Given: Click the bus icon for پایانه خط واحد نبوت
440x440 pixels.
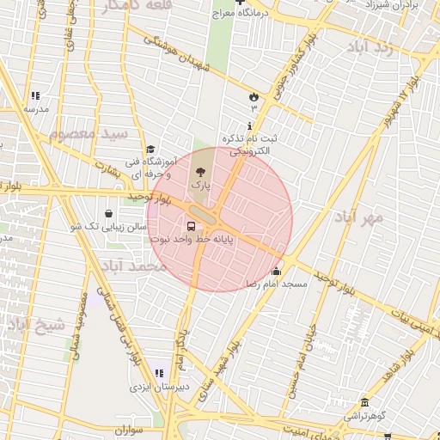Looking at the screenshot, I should pos(190,227).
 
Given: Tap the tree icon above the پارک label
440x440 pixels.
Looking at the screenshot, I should pos(200,172).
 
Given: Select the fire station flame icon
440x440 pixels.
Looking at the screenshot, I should pos(254,96).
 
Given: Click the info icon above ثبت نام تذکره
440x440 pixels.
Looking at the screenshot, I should pos(250,126).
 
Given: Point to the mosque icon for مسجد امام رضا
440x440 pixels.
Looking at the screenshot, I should pos(275,272).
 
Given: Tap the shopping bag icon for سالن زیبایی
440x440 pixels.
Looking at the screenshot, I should pos(109,214).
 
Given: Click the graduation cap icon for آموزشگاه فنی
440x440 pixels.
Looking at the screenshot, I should pos(150,150).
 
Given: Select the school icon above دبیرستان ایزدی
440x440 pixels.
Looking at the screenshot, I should pos(159,374).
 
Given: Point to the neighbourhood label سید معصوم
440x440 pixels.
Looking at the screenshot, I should pos(89,135).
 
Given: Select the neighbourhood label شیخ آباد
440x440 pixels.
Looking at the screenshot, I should pos(36,325).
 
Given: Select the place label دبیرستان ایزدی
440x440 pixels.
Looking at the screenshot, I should pos(159,388).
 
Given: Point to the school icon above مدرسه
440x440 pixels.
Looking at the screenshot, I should pos(35,96).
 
